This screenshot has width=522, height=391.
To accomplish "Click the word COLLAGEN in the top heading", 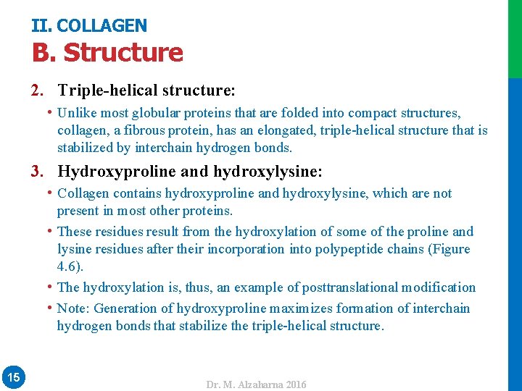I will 101,26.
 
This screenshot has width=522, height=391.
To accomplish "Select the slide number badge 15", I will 13,377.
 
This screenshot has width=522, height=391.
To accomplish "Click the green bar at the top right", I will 515,38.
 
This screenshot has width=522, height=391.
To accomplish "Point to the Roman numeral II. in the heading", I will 41,26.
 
